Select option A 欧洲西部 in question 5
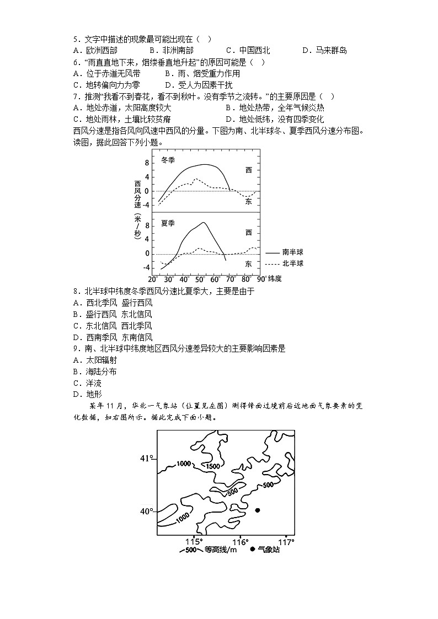point(95,51)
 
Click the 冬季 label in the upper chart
point(168,160)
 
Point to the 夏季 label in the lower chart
point(168,223)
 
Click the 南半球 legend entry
point(293,252)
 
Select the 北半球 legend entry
point(293,263)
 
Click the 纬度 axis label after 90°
point(274,278)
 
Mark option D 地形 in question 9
point(88,394)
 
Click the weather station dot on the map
point(257,510)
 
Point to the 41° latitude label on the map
point(146,458)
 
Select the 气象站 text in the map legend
point(269,550)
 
